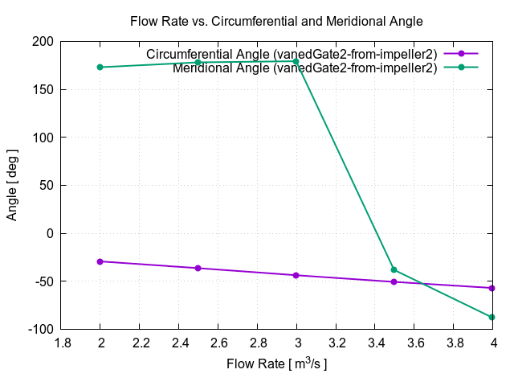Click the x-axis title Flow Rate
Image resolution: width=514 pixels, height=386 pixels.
tap(276, 363)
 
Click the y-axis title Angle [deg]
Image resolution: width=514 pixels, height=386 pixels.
tap(12, 185)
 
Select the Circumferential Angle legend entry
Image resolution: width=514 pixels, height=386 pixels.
tap(292, 54)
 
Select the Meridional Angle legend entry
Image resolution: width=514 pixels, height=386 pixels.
tap(304, 68)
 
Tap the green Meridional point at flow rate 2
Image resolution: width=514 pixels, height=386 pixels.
tap(100, 67)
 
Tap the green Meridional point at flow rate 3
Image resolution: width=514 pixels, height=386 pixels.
tap(296, 61)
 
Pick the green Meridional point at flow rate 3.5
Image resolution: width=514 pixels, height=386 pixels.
tap(394, 269)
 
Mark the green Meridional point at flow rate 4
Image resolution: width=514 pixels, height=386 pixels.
tap(492, 317)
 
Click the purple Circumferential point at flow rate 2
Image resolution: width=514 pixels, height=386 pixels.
tap(100, 261)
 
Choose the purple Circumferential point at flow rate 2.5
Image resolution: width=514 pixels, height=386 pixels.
tap(198, 268)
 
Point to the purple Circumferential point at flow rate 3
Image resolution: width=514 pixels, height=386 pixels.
tap(296, 275)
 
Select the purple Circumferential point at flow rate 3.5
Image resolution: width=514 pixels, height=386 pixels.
tap(394, 281)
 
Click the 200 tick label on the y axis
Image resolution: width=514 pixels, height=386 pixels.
tap(43, 41)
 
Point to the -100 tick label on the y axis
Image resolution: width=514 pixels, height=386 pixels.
tap(40, 330)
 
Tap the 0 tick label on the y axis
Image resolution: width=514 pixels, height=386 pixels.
tap(50, 233)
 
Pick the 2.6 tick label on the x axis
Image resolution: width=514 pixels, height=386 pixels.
tap(218, 342)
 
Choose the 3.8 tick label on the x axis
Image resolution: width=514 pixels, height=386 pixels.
tap(453, 342)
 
